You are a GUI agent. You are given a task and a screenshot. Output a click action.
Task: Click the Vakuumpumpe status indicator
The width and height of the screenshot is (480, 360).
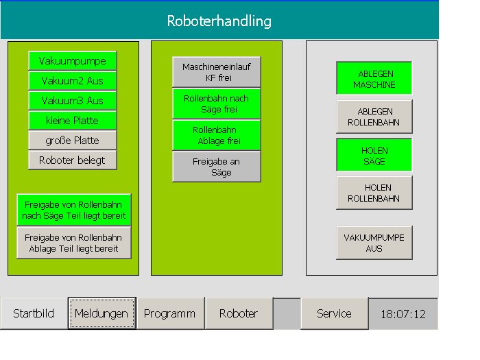pos(73,61)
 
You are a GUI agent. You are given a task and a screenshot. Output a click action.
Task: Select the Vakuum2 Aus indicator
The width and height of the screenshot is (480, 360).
pos(73,81)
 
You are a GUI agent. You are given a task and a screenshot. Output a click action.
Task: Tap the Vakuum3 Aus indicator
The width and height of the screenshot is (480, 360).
pos(73,101)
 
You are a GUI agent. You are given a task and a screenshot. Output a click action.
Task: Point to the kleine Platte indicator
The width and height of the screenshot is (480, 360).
pos(73,121)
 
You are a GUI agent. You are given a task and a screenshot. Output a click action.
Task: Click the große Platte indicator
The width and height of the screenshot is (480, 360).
pos(73,141)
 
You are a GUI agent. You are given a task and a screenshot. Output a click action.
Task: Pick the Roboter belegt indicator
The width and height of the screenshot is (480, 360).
pos(73,160)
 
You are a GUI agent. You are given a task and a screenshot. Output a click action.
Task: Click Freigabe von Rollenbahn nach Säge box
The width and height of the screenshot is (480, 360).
pos(74,210)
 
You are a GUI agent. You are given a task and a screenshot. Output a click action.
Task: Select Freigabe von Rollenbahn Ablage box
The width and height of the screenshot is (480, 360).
pos(74,243)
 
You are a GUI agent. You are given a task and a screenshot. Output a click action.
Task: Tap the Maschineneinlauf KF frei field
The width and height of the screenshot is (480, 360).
pos(217,72)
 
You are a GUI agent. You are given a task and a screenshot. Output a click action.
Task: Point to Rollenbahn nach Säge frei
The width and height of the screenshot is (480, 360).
pos(217,104)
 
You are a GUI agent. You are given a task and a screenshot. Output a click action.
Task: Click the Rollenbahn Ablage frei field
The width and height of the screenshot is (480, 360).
pos(217,135)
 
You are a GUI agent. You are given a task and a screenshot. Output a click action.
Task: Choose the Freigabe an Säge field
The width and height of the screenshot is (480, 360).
pos(217,167)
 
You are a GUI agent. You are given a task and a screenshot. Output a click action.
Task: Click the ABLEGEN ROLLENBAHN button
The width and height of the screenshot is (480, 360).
pos(374,117)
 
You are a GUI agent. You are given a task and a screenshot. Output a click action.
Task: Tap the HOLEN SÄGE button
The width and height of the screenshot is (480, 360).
pos(374,155)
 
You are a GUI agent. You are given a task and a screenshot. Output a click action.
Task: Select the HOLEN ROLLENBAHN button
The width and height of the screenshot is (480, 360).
pos(374,193)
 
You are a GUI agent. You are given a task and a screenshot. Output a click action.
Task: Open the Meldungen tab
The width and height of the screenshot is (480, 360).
pos(102,313)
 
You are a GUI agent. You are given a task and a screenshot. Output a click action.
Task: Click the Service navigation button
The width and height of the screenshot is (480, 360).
pos(335,313)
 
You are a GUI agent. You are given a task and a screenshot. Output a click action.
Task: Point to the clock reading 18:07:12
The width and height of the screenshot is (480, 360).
pos(403,314)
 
